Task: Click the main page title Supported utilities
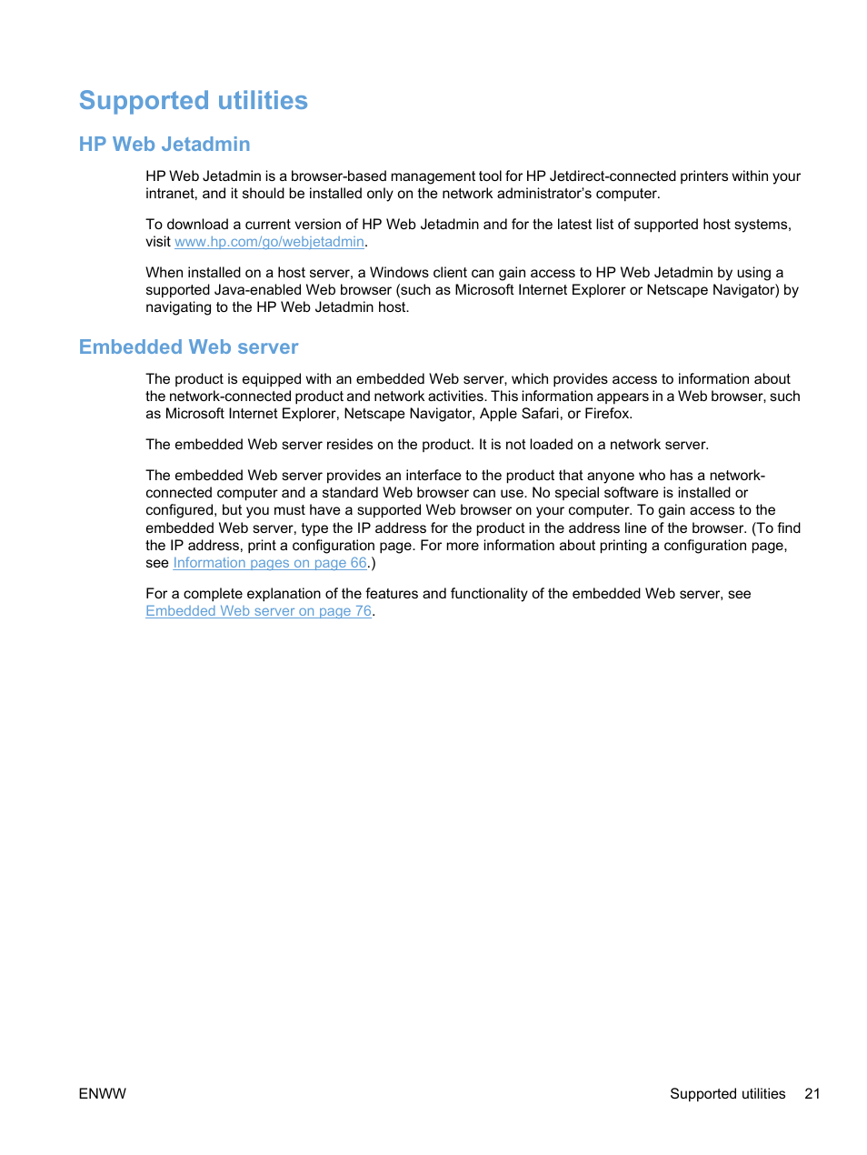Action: pyautogui.click(x=193, y=100)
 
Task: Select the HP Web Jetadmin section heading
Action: pyautogui.click(x=164, y=144)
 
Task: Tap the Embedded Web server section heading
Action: pyautogui.click(x=188, y=346)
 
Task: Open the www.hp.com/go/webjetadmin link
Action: pyautogui.click(x=269, y=242)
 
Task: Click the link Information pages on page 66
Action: pyautogui.click(x=270, y=563)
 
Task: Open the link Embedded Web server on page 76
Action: pyautogui.click(x=258, y=611)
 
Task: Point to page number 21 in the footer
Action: pyautogui.click(x=812, y=1093)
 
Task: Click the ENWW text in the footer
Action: pyautogui.click(x=103, y=1093)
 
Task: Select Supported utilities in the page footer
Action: pyautogui.click(x=727, y=1093)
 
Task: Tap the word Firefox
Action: pyautogui.click(x=607, y=414)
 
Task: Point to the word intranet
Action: pyautogui.click(x=170, y=194)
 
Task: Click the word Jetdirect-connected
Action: pyautogui.click(x=613, y=176)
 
